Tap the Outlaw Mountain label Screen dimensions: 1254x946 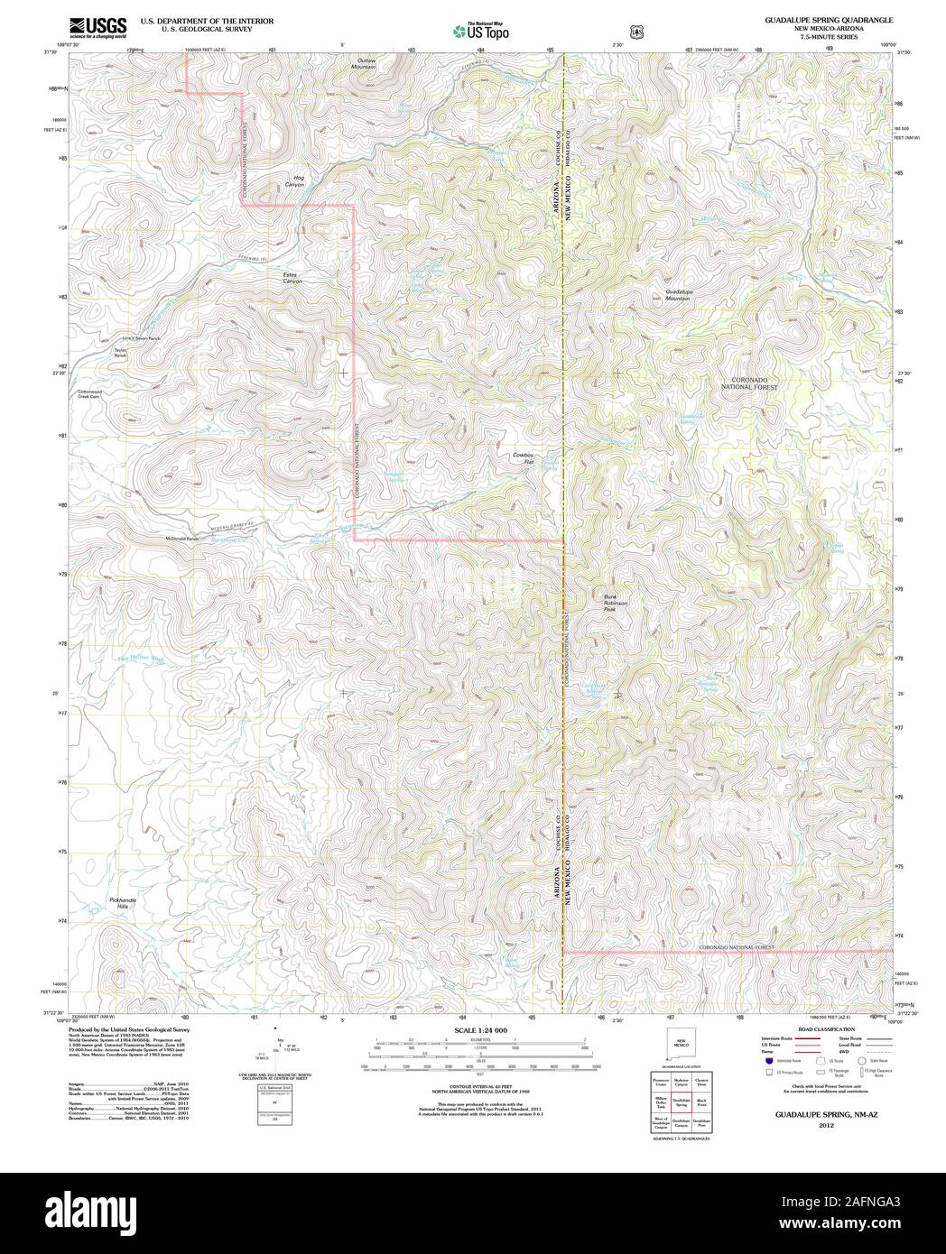coord(365,64)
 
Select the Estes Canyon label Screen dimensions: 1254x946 coord(293,278)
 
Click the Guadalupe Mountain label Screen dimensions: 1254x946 coord(678,295)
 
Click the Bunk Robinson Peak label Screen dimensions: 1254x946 coord(616,603)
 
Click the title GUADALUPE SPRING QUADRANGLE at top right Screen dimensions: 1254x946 coord(828,19)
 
